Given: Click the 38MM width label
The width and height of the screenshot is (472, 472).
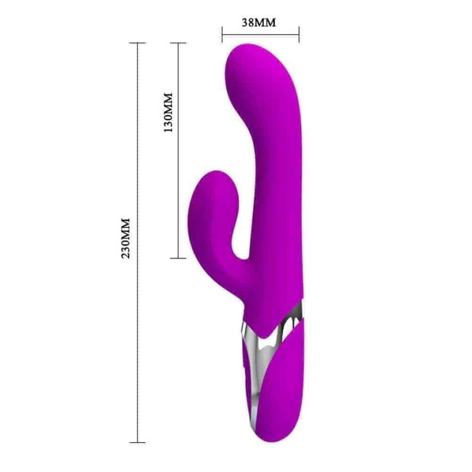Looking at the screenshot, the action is click(x=259, y=23).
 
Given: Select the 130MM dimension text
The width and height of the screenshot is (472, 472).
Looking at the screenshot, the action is click(x=168, y=112).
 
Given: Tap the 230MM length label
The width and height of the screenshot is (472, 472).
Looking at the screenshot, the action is click(x=126, y=238).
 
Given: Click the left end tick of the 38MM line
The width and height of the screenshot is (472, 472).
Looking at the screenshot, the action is click(x=222, y=34).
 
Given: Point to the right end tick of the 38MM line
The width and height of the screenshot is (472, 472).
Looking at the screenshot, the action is click(x=299, y=34).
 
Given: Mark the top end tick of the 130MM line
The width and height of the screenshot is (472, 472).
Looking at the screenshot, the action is click(x=178, y=43).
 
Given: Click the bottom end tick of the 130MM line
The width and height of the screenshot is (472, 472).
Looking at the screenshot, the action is click(x=178, y=258).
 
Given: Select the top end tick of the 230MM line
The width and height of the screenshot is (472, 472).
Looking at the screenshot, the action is click(x=137, y=43).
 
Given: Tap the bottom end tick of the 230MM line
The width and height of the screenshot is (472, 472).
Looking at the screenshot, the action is click(x=137, y=442).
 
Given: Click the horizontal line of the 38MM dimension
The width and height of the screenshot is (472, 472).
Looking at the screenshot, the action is click(x=261, y=34).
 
